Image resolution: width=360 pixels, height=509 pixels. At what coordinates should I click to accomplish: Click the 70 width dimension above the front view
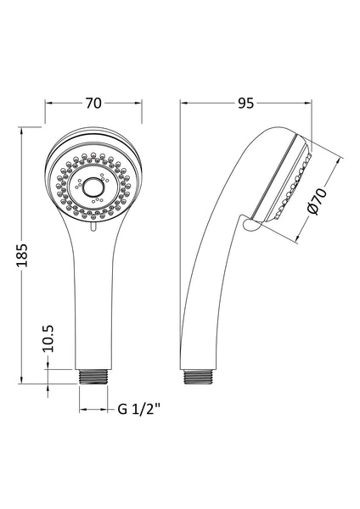click(x=93, y=103)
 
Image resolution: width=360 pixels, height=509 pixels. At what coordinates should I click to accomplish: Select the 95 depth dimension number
click(x=246, y=103)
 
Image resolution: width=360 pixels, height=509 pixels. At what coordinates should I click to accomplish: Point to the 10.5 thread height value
click(x=48, y=338)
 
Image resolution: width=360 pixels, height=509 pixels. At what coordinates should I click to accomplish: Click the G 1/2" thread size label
click(x=140, y=411)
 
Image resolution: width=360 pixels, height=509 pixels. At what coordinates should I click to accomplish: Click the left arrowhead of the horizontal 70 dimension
click(x=48, y=103)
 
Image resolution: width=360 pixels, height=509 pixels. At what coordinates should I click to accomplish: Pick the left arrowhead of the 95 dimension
click(x=184, y=103)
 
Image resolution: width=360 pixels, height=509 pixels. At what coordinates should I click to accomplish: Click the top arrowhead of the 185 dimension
click(x=23, y=129)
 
